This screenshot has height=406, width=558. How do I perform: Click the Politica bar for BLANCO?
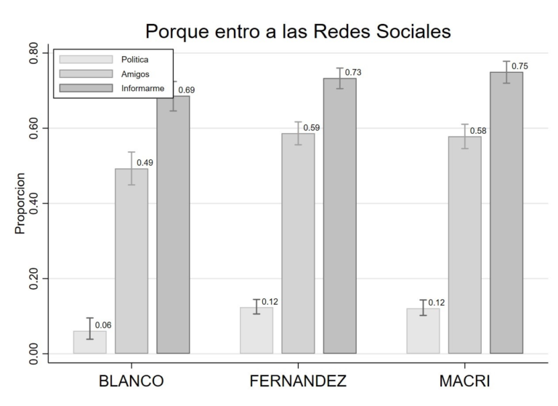(89, 343)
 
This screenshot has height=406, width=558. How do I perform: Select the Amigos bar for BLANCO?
(132, 261)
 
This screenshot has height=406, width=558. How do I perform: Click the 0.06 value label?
(103, 325)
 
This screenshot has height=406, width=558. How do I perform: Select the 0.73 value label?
(353, 73)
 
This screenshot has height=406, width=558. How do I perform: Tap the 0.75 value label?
(519, 66)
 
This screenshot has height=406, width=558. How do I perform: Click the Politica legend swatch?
(86, 59)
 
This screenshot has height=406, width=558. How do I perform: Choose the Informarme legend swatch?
(86, 88)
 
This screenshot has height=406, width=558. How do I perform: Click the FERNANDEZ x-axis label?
(298, 381)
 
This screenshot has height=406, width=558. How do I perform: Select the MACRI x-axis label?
(464, 381)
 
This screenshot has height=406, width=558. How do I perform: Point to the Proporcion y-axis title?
(20, 203)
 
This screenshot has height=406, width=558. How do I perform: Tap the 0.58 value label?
(477, 131)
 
